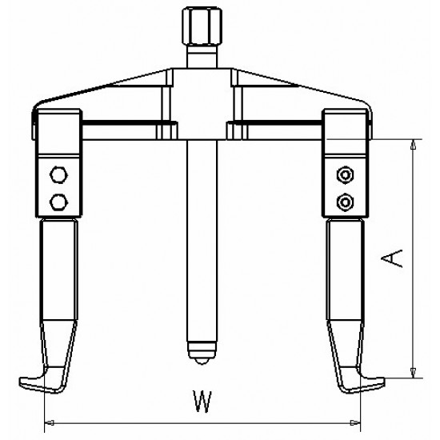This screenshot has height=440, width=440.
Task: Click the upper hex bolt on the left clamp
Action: [x=58, y=174]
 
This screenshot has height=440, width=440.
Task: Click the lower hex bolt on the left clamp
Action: [x=58, y=199]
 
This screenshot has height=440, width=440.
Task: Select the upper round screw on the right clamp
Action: [x=345, y=174]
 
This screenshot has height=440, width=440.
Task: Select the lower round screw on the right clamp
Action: [x=345, y=199]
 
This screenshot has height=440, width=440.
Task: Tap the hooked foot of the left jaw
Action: [x=36, y=378]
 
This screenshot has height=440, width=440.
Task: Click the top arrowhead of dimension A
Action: [x=413, y=145]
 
